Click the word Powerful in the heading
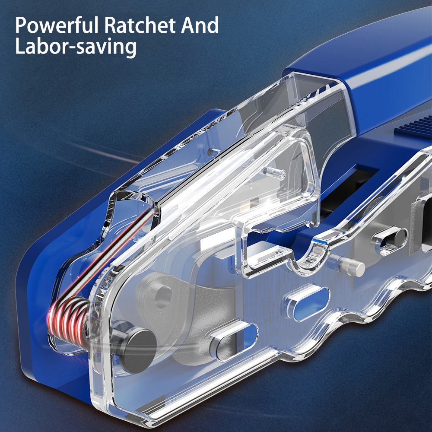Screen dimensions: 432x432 click(x=57, y=25)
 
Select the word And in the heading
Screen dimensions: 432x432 click(x=200, y=25)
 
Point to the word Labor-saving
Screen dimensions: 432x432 click(x=76, y=47)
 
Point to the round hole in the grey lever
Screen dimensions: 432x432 click(x=162, y=297)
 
